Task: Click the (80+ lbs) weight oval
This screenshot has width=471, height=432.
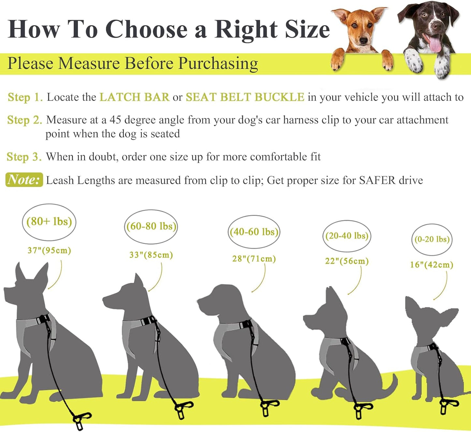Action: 49,222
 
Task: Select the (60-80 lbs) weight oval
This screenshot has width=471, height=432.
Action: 151,226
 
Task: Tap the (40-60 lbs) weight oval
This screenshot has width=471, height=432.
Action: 254,232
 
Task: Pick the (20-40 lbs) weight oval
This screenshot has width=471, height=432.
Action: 347,236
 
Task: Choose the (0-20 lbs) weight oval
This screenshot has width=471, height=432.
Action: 432,239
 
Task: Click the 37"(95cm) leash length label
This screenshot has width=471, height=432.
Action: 49,250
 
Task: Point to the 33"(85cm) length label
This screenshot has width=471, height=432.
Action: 151,255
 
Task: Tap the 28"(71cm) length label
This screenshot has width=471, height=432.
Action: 254,259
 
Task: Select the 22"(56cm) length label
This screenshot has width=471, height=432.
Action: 347,261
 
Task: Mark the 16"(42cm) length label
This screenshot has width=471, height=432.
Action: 432,264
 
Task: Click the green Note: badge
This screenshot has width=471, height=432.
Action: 24,180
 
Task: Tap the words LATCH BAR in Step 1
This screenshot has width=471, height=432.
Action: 134,97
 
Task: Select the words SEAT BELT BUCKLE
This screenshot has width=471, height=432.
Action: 245,97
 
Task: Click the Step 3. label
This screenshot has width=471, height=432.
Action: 24,157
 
